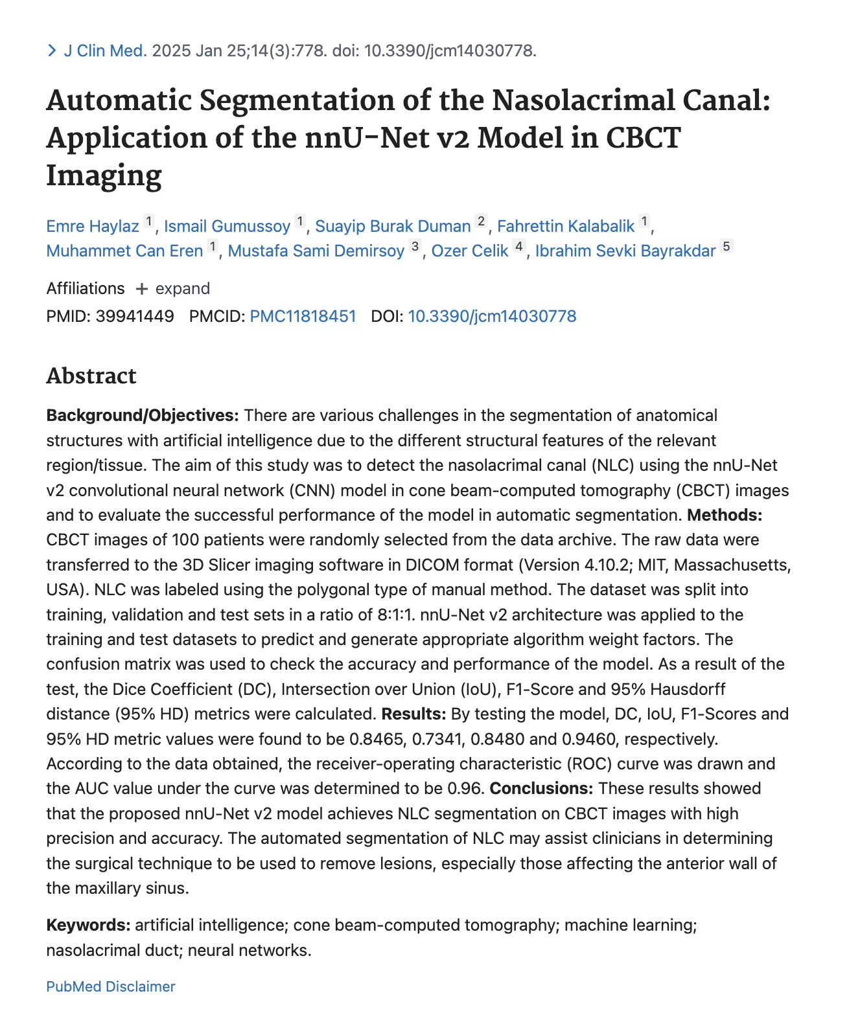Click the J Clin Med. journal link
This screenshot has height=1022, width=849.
(x=105, y=51)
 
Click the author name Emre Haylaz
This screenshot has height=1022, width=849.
(x=93, y=226)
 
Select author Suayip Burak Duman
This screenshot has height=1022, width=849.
(x=393, y=226)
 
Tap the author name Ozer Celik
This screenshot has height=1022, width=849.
(x=470, y=251)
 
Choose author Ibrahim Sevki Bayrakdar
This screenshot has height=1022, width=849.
(x=625, y=251)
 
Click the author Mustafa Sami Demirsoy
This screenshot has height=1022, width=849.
(x=316, y=251)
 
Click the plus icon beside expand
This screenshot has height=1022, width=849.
(x=141, y=289)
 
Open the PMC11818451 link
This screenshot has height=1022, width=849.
(x=303, y=316)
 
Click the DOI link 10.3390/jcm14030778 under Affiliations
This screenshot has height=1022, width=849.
(x=492, y=316)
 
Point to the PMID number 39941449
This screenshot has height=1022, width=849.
(x=135, y=316)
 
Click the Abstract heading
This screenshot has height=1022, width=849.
(x=91, y=376)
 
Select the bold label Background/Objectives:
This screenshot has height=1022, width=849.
(x=143, y=415)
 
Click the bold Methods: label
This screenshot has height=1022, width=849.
(x=725, y=515)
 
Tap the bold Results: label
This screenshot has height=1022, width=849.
(x=413, y=714)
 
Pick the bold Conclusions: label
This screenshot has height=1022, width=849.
(x=541, y=788)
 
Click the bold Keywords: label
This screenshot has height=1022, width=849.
(x=88, y=925)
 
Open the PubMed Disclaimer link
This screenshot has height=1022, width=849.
(x=111, y=986)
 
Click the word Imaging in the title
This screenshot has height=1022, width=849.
(x=104, y=176)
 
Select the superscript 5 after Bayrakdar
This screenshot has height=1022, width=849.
(x=727, y=246)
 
